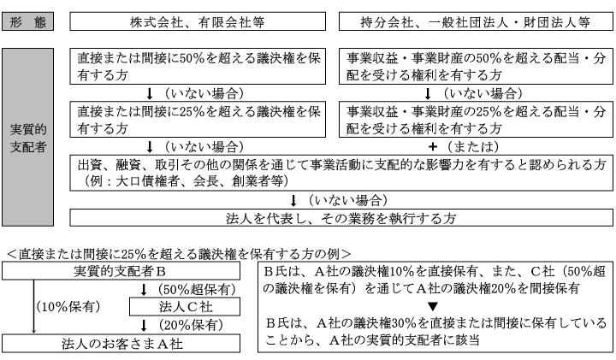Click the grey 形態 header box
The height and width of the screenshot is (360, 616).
coord(28,21)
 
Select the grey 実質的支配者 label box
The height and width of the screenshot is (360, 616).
coord(28,137)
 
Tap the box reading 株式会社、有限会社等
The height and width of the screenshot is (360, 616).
coord(198,21)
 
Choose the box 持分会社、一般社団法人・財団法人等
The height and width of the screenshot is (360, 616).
coord(476,21)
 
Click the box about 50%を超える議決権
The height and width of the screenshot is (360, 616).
coord(198,67)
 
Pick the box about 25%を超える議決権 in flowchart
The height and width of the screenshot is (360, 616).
coord(198,120)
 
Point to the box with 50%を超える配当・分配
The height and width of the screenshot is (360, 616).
coord(476,67)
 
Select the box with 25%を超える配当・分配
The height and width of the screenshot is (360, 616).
coord(476,120)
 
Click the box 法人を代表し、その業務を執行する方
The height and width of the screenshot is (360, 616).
coord(341,218)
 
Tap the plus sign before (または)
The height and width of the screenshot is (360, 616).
coord(433,147)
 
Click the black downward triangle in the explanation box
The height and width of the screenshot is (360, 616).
coord(433,306)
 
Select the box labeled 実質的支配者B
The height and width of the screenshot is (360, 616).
coord(121,271)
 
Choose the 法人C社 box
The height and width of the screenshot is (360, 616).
coord(185,307)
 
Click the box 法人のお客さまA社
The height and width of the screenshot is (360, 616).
coord(121,344)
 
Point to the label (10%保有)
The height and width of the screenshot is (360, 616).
coord(68,307)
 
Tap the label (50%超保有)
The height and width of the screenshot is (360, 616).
coord(197,289)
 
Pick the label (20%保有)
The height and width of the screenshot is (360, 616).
coord(191,325)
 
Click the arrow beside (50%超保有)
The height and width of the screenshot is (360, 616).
coord(144,290)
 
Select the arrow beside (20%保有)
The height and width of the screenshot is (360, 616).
coord(144,326)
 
